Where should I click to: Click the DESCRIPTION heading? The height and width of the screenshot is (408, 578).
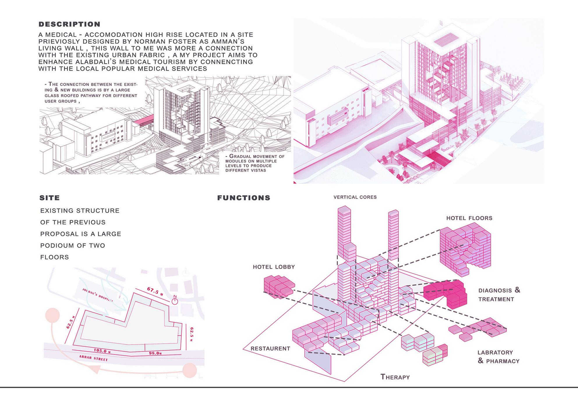point(69,24)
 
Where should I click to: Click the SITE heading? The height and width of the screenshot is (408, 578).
point(50,198)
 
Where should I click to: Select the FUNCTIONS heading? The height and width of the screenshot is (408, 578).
point(244,198)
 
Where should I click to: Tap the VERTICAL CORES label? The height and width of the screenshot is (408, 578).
point(355,197)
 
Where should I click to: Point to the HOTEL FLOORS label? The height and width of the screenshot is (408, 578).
point(469,218)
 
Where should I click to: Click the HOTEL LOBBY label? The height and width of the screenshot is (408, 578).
point(274,267)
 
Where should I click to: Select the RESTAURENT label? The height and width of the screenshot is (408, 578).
point(270,348)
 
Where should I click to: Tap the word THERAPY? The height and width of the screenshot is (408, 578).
point(395,377)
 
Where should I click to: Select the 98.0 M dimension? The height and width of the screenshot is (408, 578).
point(155,353)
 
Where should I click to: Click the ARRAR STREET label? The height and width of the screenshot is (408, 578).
point(93,358)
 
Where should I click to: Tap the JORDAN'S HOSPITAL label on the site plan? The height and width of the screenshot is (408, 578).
point(98,295)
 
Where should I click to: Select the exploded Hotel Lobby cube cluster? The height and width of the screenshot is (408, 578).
point(279,286)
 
